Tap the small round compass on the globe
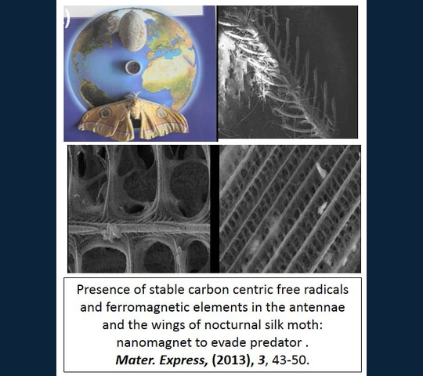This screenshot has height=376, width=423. click(x=132, y=67)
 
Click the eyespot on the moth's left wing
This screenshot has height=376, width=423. click(x=105, y=113)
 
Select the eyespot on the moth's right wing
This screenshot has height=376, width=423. click(x=162, y=113)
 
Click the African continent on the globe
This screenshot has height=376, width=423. click(x=169, y=74)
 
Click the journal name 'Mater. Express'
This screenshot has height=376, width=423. click(x=161, y=360)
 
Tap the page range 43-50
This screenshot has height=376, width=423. click(x=291, y=360)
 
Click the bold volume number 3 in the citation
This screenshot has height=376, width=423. click(x=261, y=360)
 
